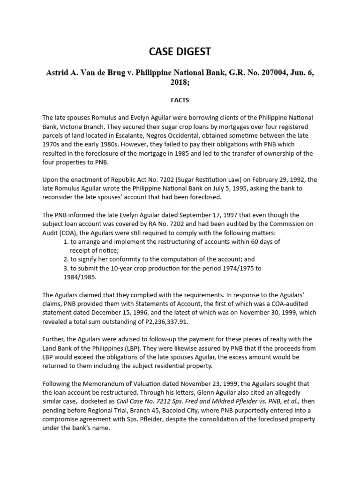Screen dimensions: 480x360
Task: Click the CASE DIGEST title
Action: coord(180,52)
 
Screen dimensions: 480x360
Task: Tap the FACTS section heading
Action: coord(180,100)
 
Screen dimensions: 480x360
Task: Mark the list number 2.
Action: coord(66,259)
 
